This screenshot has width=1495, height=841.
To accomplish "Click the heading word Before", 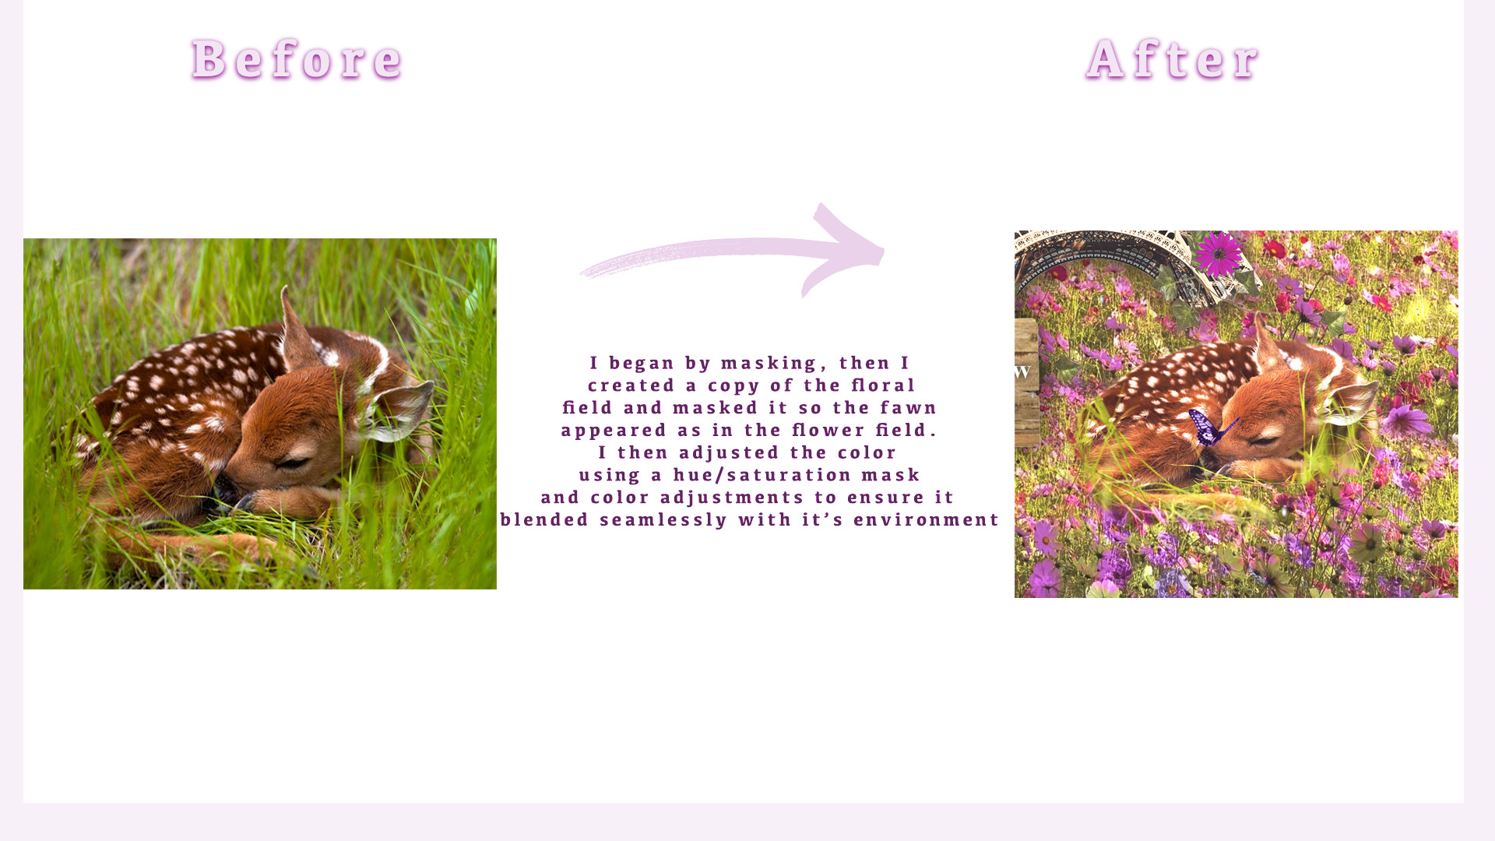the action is pos(297,59).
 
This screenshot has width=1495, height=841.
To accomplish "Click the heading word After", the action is pos(1173,59).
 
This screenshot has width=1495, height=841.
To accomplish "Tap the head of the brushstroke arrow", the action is pos(845,249).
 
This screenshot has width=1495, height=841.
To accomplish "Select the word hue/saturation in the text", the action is pos(762,475).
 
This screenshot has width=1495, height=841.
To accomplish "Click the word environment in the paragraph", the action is pos(927,520).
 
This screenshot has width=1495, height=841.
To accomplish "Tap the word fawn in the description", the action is pos(909,408).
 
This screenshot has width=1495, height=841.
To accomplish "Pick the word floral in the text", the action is pos(884,385).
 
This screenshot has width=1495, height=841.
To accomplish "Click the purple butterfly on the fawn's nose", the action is pos(1210,428).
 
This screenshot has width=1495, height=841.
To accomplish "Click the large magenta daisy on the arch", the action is pos(1219,254).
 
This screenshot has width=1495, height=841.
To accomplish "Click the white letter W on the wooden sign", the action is pos(1022,372).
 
